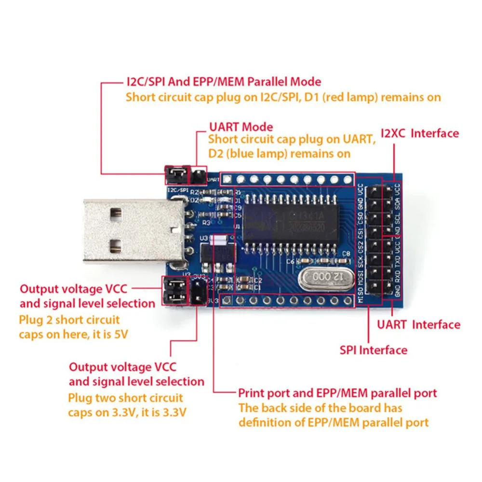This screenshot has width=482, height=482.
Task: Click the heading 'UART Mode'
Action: tap(241, 127)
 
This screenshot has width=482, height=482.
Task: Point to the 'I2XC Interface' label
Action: tap(420, 133)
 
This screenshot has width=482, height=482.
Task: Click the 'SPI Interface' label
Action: tap(374, 350)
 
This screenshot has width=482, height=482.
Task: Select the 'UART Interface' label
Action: tap(418, 324)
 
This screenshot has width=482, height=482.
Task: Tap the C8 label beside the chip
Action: tap(346, 254)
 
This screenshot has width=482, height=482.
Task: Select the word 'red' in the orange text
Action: tap(360, 97)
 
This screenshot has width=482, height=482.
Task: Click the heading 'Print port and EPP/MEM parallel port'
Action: tap(337, 393)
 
